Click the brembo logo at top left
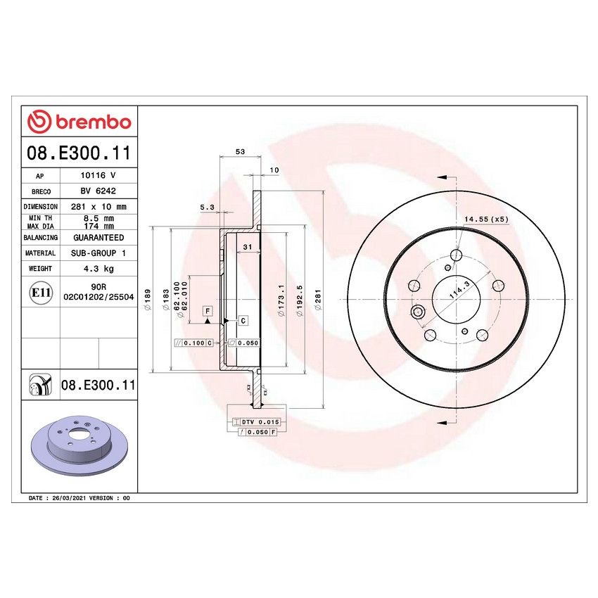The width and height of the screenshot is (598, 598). click(79, 122)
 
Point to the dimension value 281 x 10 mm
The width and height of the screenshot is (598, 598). click(98, 207)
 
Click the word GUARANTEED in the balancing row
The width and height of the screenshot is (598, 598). click(98, 238)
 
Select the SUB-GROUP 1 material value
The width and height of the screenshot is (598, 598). click(98, 253)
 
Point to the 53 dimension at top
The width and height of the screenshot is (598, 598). click(240, 152)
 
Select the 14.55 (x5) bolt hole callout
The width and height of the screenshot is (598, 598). click(485, 220)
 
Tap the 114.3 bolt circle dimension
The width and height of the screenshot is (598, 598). click(459, 293)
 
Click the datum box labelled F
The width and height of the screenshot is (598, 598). click(208, 310)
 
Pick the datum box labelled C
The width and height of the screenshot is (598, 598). click(243, 321)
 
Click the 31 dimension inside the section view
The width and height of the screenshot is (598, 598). click(247, 246)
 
